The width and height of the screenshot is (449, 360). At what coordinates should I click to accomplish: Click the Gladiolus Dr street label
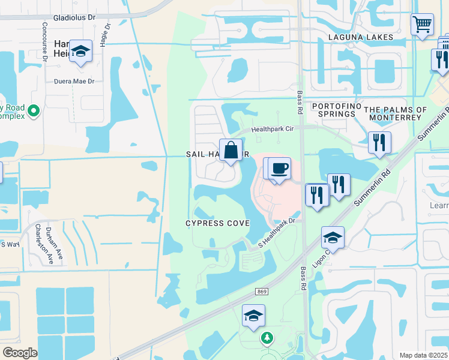[74, 18]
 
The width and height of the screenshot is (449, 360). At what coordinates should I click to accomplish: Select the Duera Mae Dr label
[74, 81]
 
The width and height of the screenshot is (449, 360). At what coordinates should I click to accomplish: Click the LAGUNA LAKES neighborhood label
[360, 37]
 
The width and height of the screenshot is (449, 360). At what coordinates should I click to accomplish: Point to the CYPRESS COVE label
[217, 223]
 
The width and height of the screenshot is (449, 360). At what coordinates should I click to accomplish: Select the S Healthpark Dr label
[277, 233]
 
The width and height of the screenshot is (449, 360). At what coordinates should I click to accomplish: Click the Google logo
[20, 352]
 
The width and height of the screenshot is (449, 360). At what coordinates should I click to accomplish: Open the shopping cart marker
[422, 25]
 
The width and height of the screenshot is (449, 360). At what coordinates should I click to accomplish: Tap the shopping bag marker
[231, 150]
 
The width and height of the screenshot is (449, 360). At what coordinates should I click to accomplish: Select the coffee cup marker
[279, 169]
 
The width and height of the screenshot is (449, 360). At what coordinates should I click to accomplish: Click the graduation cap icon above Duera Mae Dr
[80, 51]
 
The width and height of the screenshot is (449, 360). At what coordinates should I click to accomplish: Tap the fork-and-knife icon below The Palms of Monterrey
[379, 142]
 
